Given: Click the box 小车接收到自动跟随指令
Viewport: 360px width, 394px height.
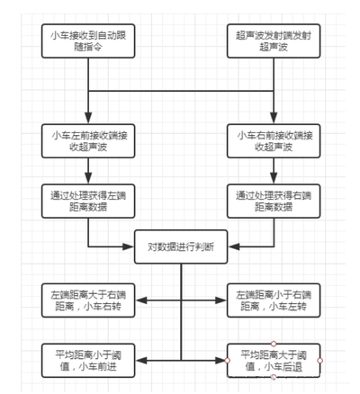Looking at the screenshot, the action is pyautogui.click(x=88, y=41).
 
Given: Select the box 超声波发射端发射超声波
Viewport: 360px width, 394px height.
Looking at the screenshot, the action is pyautogui.click(x=274, y=41).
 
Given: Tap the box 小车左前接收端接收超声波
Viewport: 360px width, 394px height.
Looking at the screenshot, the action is pyautogui.click(x=88, y=141).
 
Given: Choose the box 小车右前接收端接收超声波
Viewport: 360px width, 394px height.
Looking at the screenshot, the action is pyautogui.click(x=274, y=141).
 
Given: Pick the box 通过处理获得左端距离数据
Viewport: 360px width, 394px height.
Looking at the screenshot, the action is pyautogui.click(x=88, y=201).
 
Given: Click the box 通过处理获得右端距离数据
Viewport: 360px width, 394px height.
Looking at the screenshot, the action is pyautogui.click(x=274, y=201).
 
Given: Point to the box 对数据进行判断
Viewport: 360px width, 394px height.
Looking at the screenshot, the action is pyautogui.click(x=181, y=246).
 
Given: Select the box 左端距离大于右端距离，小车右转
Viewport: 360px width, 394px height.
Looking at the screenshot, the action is pyautogui.click(x=88, y=300).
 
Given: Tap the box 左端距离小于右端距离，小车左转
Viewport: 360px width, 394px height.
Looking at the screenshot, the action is pyautogui.click(x=274, y=300).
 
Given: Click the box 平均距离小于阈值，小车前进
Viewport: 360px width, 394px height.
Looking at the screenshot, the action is pyautogui.click(x=88, y=361).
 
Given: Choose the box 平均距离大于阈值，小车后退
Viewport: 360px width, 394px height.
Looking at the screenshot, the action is pyautogui.click(x=274, y=361).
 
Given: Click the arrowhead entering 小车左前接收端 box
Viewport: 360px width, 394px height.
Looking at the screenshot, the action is pyautogui.click(x=88, y=118).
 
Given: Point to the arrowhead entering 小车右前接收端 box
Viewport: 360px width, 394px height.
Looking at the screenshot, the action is pyautogui.click(x=274, y=118).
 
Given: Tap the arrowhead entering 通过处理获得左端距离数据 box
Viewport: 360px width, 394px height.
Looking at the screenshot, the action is pyautogui.click(x=88, y=178).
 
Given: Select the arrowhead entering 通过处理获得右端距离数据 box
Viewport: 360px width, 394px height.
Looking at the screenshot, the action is pyautogui.click(x=274, y=178).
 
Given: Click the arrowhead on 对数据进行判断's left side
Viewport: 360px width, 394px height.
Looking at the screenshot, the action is pyautogui.click(x=129, y=246).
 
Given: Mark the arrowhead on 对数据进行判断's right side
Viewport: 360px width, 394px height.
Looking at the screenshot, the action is pyautogui.click(x=234, y=246).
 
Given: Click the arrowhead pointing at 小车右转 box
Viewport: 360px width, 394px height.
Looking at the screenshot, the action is pyautogui.click(x=141, y=300).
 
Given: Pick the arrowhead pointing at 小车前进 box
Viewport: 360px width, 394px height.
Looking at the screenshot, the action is pyautogui.click(x=141, y=361).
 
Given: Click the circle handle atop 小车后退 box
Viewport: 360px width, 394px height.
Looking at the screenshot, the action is pyautogui.click(x=274, y=344).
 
